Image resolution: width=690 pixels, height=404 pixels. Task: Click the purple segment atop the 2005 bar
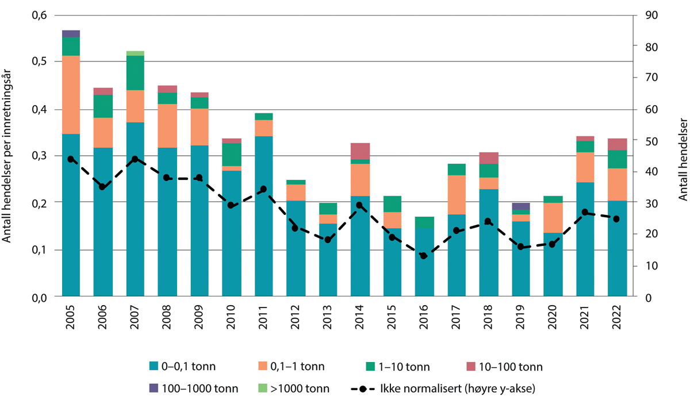tap(71, 33)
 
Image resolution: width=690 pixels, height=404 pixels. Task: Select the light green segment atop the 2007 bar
tap(135, 53)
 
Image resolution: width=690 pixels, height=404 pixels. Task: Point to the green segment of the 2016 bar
tap(425, 222)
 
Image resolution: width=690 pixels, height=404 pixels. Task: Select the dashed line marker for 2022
tap(617, 219)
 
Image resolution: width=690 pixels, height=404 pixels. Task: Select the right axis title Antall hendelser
tap(682, 155)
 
